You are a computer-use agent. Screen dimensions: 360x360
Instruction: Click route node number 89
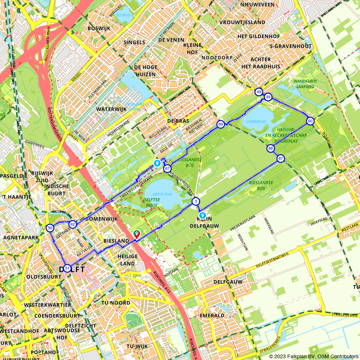point(221,125)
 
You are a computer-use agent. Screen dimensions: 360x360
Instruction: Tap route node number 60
point(310,121)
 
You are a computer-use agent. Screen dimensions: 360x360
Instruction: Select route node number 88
point(271,148)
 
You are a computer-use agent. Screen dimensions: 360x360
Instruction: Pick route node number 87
point(281,158)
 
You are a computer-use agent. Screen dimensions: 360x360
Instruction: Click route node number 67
point(167,168)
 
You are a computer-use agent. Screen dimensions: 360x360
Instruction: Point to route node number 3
point(195,201)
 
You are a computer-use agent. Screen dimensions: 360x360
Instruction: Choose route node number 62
point(72,225)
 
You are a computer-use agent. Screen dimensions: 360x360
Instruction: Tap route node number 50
point(50,228)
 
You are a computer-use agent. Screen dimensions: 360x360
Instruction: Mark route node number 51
point(67,268)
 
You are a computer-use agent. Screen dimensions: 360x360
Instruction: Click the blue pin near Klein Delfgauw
point(203,216)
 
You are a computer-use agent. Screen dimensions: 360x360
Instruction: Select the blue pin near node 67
point(157,163)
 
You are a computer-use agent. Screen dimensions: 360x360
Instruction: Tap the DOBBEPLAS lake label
point(257,122)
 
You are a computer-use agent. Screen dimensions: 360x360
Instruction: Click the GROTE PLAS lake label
point(162,194)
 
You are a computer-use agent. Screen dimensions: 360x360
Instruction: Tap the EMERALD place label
point(212,315)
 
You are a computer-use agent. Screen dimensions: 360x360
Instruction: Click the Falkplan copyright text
point(314,356)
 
